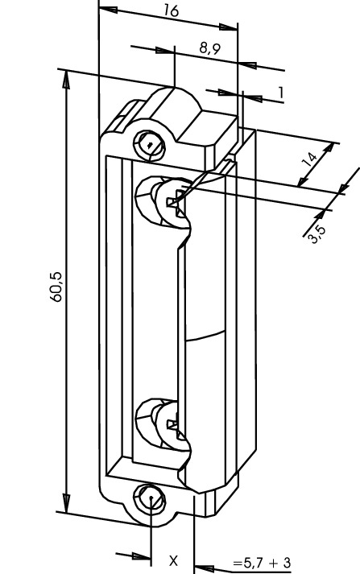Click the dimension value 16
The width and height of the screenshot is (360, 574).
171,10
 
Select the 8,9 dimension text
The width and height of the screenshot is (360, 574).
210,48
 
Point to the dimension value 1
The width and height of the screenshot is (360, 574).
281,93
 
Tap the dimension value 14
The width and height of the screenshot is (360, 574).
311,160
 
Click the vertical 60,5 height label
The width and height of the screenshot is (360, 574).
56,287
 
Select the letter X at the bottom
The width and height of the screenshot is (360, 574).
173,560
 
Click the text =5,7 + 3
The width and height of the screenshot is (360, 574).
262,562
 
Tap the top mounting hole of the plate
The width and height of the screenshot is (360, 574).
150,145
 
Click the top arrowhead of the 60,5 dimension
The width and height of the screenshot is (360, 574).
66,79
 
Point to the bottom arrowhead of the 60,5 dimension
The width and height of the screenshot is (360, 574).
66,504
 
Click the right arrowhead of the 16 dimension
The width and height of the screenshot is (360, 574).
229,27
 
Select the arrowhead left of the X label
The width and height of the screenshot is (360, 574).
142,557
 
